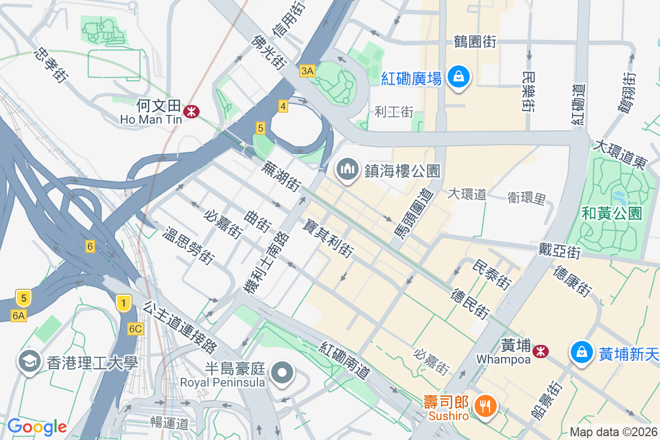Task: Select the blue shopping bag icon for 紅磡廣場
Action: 458,78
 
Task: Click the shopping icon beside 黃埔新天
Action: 581,350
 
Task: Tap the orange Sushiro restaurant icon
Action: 485,406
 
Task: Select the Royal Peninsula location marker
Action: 283,372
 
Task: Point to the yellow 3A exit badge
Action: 307,70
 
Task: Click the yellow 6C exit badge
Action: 135,329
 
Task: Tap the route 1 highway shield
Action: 124,302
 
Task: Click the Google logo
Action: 37,426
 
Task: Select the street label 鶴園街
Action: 475,42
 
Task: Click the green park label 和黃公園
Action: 612,213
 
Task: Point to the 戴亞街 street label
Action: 559,251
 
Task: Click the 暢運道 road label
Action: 169,423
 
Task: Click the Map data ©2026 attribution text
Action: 613,432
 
